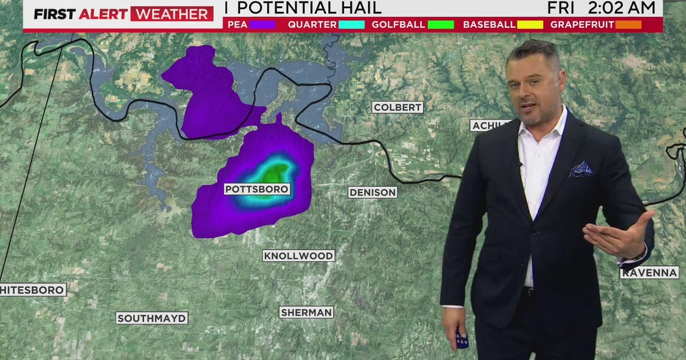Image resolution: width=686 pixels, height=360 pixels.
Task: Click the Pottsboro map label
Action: (257, 189)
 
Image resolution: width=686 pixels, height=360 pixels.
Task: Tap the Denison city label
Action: (373, 193)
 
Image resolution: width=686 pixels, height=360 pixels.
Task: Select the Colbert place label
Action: (397, 107)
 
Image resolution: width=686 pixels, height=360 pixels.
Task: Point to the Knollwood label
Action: (298, 256)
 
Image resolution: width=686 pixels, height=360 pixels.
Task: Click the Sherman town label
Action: (306, 313)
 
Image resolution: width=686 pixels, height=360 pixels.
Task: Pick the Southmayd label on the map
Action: (152, 318)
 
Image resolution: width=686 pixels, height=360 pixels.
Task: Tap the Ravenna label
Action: (649, 273)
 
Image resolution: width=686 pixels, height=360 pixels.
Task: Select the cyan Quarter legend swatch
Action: (351, 25)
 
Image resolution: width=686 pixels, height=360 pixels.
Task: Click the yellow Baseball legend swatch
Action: (530, 25)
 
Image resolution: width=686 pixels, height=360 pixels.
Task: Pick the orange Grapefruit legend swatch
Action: (629, 25)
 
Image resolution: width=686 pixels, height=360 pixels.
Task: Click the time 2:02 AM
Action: (620, 8)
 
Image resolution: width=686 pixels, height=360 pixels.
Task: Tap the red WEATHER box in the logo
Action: (171, 14)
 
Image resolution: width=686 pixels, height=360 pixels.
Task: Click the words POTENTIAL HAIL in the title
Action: (308, 8)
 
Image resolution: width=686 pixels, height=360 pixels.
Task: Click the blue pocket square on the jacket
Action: (580, 169)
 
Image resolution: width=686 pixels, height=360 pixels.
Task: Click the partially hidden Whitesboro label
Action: (33, 290)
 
